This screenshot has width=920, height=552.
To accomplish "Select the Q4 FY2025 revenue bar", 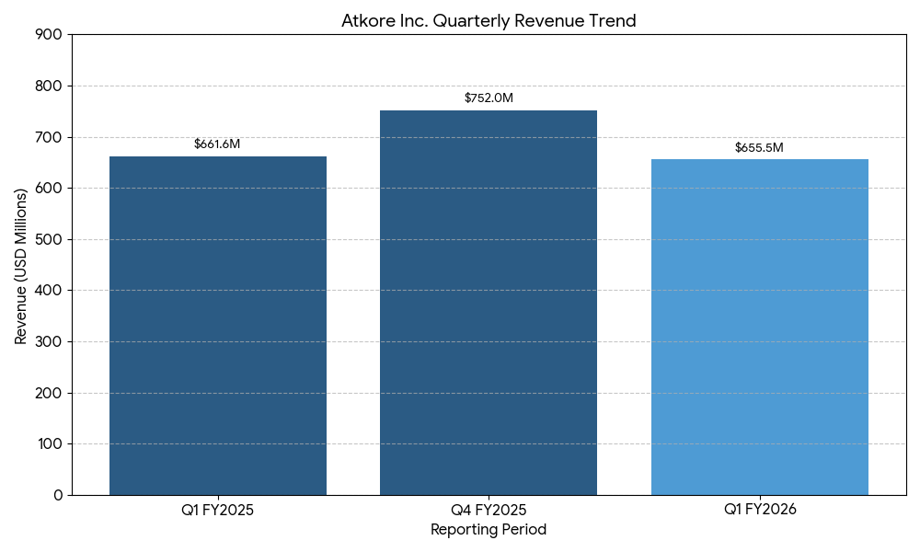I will (489, 303).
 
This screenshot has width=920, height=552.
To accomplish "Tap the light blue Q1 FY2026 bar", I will (759, 328).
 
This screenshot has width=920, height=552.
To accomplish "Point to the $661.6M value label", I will (217, 144).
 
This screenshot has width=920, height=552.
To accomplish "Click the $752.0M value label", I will (489, 98).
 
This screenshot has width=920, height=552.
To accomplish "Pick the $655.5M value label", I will (759, 147).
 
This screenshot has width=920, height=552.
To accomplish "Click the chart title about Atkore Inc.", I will (489, 20).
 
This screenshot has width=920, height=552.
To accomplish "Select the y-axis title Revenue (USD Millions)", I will (21, 266).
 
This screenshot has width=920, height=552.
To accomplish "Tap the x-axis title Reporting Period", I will (489, 530).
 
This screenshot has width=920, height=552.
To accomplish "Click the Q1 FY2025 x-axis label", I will (218, 510).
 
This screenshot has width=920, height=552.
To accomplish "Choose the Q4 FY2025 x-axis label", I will (489, 510).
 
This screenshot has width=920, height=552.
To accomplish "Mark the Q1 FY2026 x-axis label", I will (759, 510).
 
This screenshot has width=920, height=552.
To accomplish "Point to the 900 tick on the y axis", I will (52, 35).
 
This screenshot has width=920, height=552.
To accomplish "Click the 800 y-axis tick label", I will (52, 86).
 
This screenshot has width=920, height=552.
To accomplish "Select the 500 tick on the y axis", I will (52, 239).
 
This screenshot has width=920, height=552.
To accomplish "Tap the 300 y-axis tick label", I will (52, 342).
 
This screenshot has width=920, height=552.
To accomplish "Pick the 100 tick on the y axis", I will (52, 444).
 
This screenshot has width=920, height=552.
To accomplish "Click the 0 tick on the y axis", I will (59, 495).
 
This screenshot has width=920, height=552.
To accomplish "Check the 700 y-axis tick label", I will (52, 137).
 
